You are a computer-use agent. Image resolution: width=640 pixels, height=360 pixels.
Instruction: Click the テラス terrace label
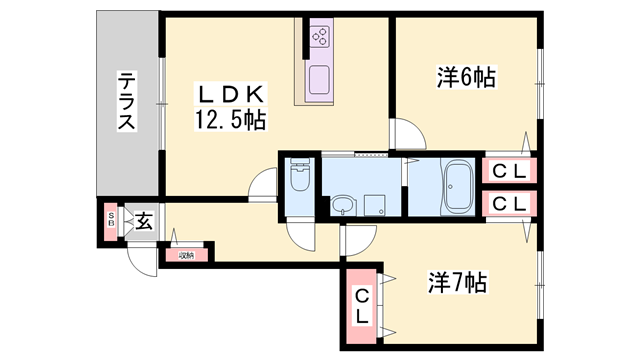click(127, 102)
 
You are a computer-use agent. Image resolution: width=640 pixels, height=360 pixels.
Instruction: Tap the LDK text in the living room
click(231, 95)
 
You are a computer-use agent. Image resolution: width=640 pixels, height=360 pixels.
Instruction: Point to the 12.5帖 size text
click(231, 120)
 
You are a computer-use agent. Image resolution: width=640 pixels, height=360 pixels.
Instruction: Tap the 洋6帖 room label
click(466, 77)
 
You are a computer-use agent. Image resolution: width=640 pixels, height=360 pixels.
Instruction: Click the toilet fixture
click(299, 180)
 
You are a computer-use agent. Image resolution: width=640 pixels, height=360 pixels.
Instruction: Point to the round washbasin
click(343, 206)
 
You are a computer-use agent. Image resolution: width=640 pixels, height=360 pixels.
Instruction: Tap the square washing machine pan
click(378, 205)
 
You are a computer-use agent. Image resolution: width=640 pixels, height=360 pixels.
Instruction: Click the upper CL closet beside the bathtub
click(509, 171)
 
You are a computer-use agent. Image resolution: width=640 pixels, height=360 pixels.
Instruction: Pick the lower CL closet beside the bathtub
click(509, 203)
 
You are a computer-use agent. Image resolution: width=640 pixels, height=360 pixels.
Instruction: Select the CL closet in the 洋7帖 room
click(362, 304)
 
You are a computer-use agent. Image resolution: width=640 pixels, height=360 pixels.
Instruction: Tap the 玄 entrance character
click(144, 221)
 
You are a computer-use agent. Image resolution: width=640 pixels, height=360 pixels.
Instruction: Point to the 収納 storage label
click(187, 255)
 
